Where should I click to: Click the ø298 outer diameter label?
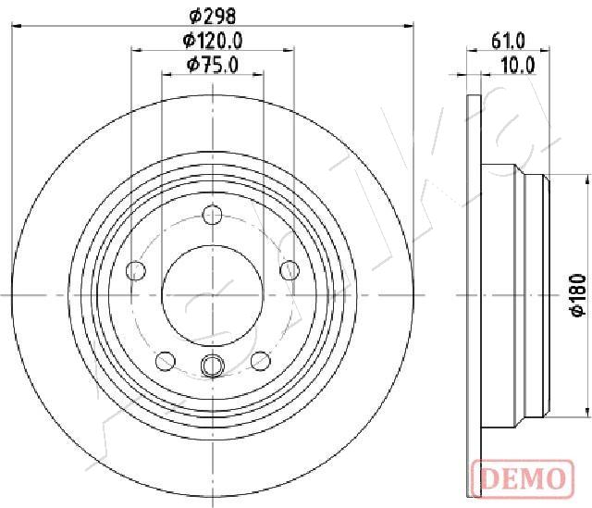[x=213, y=16]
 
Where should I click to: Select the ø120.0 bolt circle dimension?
[x=213, y=40]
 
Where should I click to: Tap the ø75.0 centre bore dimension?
[x=213, y=65]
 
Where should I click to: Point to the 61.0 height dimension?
[x=508, y=41]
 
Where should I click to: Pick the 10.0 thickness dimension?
[x=518, y=66]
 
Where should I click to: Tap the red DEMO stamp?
[x=523, y=478]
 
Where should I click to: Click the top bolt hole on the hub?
[x=212, y=215]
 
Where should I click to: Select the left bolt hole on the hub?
[x=136, y=271]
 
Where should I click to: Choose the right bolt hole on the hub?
[x=290, y=271]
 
